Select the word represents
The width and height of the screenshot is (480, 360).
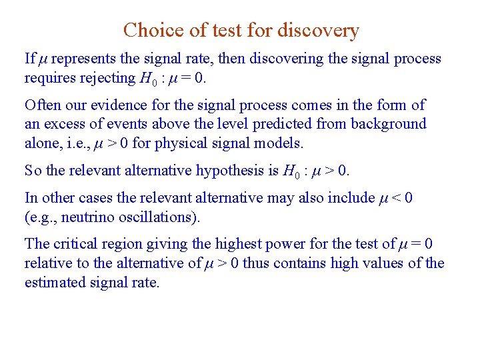tap(82, 59)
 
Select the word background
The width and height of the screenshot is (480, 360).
tap(389, 124)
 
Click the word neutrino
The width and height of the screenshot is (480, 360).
tap(84, 217)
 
